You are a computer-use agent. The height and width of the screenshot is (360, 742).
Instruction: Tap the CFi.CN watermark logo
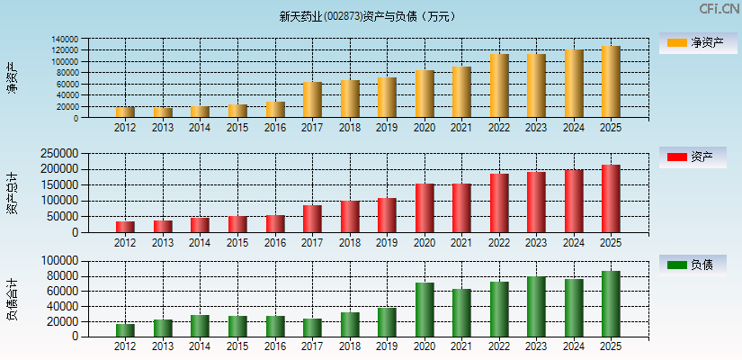pyautogui.click(x=720, y=9)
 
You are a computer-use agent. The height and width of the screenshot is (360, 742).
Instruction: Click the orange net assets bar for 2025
pyautogui.click(x=611, y=82)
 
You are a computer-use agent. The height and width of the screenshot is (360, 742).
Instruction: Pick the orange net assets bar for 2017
pyautogui.click(x=312, y=100)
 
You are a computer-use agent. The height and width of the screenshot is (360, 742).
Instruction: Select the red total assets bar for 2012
pyautogui.click(x=125, y=227)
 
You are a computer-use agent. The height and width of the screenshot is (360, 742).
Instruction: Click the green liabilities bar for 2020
pyautogui.click(x=425, y=310)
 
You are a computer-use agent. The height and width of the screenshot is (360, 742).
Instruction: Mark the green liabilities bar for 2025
pyautogui.click(x=611, y=304)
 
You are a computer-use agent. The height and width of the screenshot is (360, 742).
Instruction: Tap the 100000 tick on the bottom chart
pyautogui.click(x=87, y=261)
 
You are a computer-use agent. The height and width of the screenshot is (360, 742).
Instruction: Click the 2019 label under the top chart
pyautogui.click(x=387, y=128)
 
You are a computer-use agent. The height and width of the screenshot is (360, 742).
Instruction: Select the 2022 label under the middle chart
pyautogui.click(x=499, y=242)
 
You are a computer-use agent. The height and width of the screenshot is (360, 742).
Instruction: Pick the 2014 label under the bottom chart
pyautogui.click(x=200, y=346)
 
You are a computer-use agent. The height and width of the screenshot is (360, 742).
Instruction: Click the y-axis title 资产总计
pyautogui.click(x=12, y=193)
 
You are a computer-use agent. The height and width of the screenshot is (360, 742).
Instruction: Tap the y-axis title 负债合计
pyautogui.click(x=12, y=300)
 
